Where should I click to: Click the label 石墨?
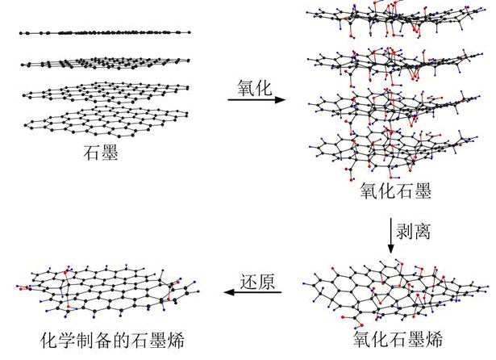point(101,153)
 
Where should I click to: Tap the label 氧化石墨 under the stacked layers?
point(396,190)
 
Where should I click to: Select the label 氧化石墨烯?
point(398,339)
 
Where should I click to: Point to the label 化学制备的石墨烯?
point(113,340)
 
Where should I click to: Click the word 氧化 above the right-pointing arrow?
point(255,88)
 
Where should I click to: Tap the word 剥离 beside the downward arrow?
point(414,231)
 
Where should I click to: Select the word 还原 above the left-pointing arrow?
point(257,282)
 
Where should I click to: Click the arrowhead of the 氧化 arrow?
point(280,100)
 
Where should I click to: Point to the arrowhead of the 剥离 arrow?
point(391,249)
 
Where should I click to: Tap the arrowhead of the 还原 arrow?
point(229,292)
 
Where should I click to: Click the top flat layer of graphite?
point(105,32)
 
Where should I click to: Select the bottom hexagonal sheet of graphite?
point(106,122)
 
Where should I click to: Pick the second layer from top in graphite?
point(106,62)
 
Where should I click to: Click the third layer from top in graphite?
point(106,92)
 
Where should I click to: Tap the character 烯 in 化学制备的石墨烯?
point(176,340)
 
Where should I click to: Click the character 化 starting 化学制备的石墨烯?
point(50,340)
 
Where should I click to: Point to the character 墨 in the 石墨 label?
point(110,153)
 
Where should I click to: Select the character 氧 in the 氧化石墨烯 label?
point(362,339)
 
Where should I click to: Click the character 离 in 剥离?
point(423,231)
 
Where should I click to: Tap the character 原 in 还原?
point(266,282)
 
